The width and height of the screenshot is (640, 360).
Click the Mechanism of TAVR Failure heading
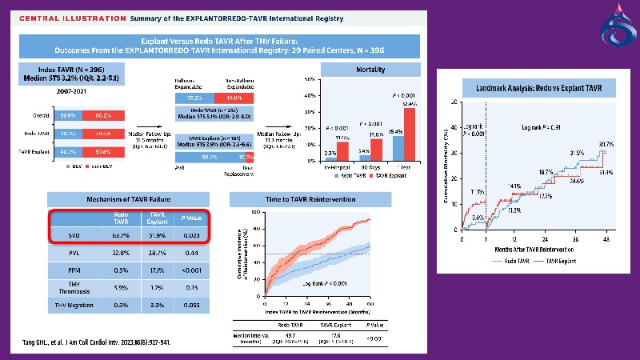(128, 199)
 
